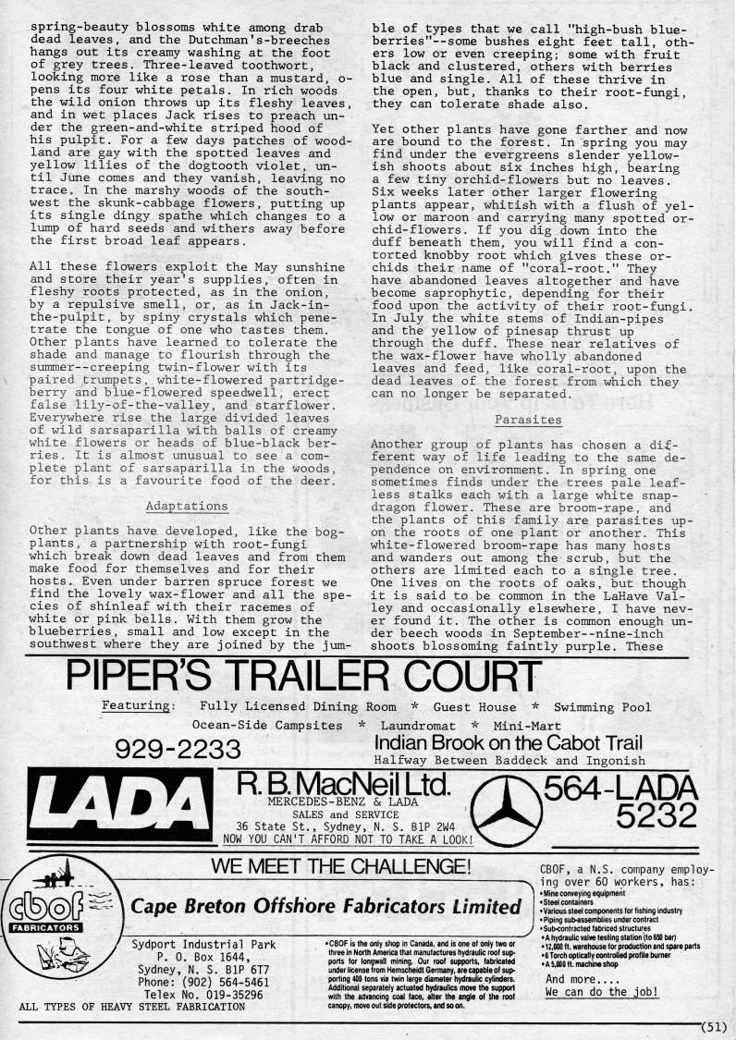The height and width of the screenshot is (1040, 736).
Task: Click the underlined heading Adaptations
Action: coord(186,507)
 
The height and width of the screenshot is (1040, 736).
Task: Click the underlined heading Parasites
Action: coord(528,419)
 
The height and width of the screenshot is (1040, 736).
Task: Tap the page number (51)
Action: coord(714,1025)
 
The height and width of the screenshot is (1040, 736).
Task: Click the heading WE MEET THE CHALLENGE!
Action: coord(341,866)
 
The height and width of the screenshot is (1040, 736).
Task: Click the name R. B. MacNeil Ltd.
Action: coord(344,785)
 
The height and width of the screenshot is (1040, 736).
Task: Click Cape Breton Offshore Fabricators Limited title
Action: coord(325,906)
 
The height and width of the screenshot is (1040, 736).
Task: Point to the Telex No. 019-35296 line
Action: coord(197,995)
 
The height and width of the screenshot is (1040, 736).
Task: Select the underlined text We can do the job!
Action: coord(602,992)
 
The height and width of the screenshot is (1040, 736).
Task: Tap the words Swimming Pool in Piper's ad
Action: coord(603,707)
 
